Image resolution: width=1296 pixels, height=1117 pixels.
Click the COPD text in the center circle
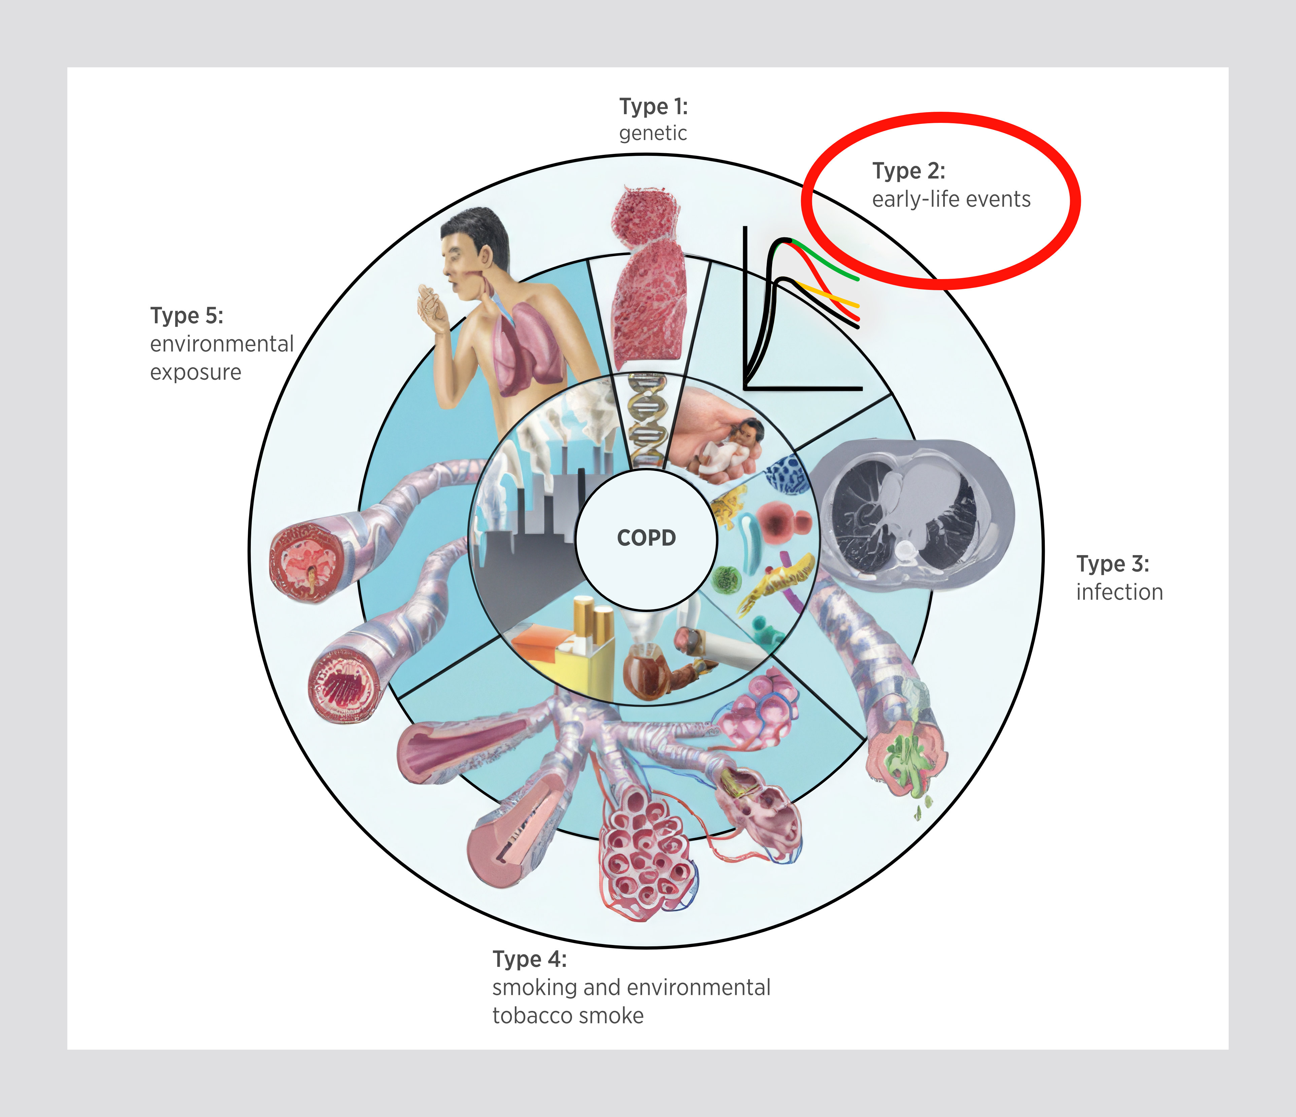pyautogui.click(x=646, y=538)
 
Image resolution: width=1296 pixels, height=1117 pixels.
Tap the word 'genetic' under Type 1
pyautogui.click(x=653, y=133)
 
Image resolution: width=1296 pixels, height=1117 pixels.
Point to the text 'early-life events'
pyautogui.click(x=951, y=200)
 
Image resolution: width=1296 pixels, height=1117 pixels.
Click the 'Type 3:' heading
pyautogui.click(x=1112, y=564)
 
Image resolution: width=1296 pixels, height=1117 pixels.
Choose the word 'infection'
pyautogui.click(x=1119, y=592)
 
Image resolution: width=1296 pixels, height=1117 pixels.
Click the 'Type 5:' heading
pyautogui.click(x=187, y=316)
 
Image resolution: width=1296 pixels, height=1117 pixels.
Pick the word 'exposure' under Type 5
pyautogui.click(x=195, y=373)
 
